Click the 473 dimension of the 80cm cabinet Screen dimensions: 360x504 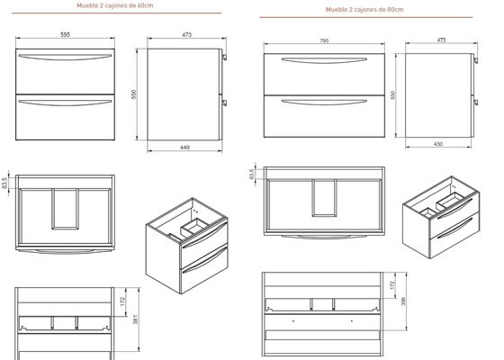point(441,40)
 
